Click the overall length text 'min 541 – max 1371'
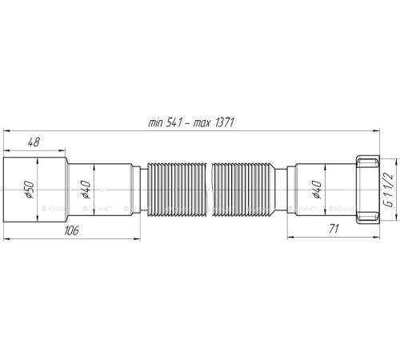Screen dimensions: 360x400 tap(196, 122)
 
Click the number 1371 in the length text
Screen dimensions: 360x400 tap(230, 122)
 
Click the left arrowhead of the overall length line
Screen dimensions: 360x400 tap(9, 130)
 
